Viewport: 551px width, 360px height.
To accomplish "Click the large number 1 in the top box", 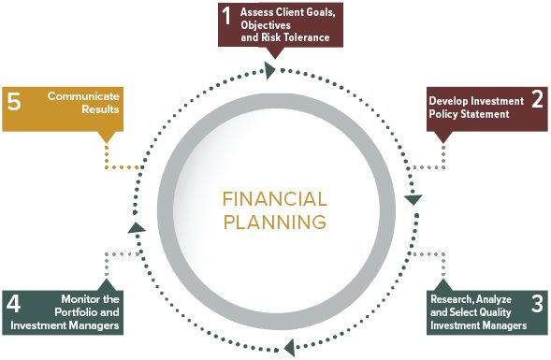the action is (226, 16).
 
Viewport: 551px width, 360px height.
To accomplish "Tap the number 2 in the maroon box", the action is (537, 99).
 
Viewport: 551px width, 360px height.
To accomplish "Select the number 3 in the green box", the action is (537, 304).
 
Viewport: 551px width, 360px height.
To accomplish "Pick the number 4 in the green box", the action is (13, 304).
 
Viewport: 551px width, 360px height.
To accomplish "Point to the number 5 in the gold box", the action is (14, 102).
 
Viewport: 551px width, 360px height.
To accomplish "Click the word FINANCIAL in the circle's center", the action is (275, 199).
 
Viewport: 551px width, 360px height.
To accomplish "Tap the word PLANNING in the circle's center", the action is (275, 222).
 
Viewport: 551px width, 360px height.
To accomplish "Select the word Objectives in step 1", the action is (266, 25).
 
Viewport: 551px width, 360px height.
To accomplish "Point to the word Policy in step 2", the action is (443, 114).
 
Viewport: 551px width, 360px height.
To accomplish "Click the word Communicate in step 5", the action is (83, 96).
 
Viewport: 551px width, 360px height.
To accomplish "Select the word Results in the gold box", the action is (100, 109).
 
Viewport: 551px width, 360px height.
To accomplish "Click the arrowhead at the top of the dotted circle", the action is (269, 70).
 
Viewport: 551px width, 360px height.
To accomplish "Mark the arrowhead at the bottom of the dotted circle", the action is (289, 348).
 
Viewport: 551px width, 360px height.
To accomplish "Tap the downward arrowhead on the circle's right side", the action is (413, 200).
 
